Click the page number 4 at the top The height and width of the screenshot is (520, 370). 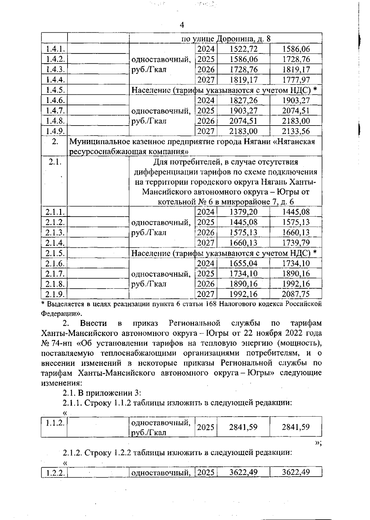[x=182, y=26]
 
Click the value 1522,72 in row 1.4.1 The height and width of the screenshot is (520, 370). [x=244, y=49]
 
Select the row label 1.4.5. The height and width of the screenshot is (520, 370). [x=55, y=90]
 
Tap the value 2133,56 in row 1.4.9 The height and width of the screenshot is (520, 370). [x=296, y=131]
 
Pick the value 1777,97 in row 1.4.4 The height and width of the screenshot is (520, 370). [x=296, y=80]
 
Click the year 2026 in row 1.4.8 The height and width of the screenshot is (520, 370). [x=206, y=121]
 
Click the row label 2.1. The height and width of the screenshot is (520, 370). [x=55, y=162]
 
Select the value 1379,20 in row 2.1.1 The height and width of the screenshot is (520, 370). [x=244, y=212]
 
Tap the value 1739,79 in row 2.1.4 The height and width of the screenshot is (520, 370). [x=296, y=243]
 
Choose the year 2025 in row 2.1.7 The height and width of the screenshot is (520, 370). [x=206, y=274]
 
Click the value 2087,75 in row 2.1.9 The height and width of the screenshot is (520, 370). [x=296, y=294]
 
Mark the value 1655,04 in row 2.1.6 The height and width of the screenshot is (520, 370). [x=244, y=263]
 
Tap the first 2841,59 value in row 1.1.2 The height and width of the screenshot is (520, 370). [x=243, y=427]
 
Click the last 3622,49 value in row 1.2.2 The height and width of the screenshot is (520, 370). [x=296, y=472]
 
